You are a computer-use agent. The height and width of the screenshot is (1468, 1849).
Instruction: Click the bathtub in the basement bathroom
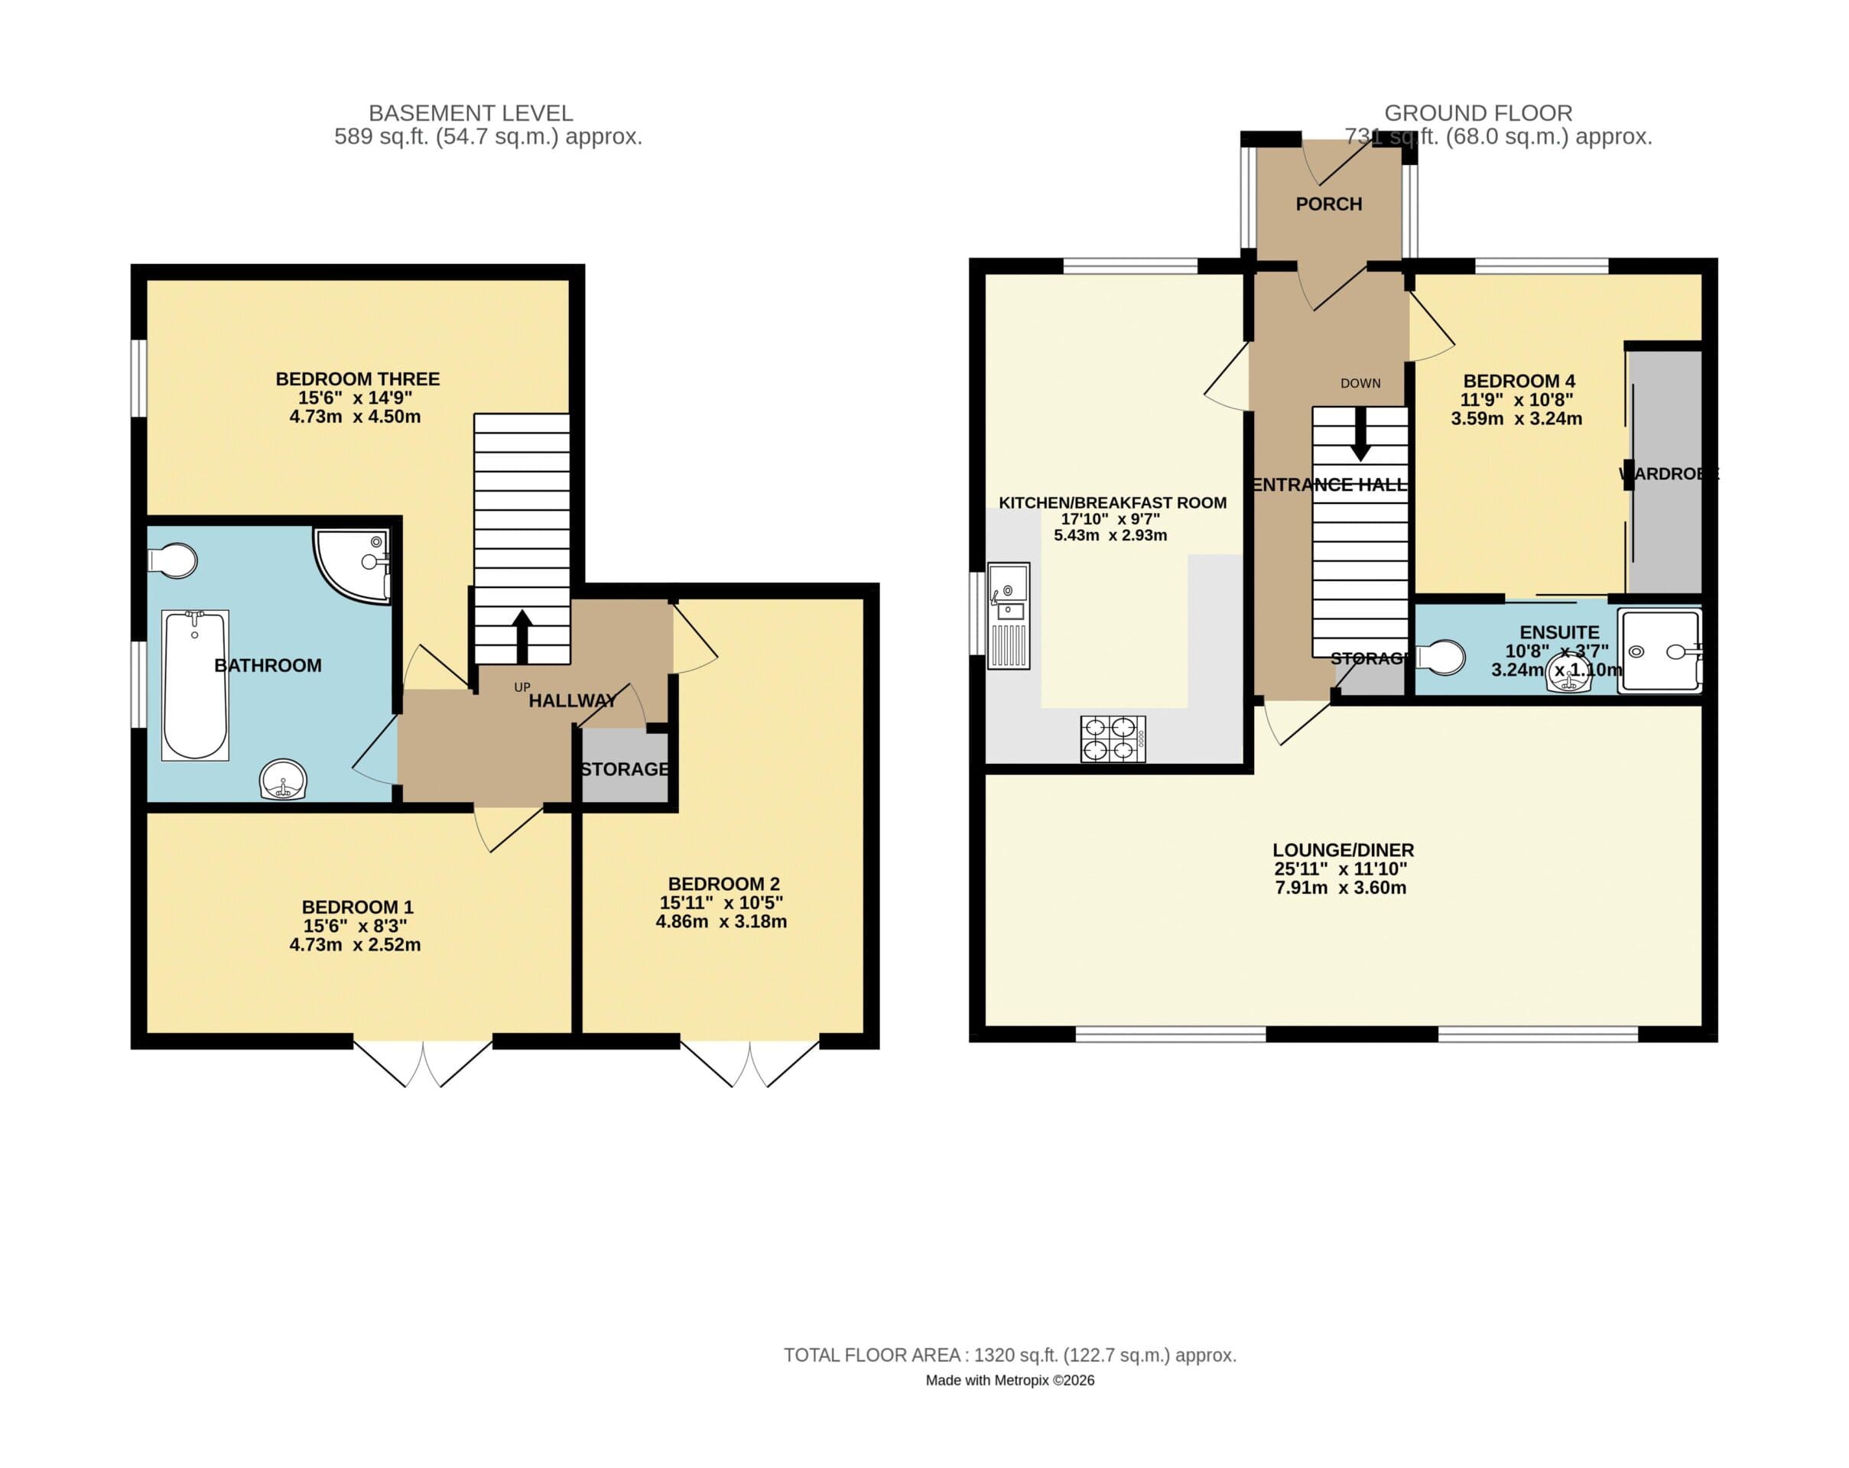[x=195, y=684]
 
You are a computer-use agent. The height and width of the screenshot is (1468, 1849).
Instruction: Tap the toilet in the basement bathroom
[x=174, y=560]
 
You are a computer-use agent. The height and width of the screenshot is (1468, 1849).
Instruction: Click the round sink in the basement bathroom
[x=283, y=779]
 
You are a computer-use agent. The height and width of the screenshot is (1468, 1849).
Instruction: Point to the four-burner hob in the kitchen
[x=1113, y=739]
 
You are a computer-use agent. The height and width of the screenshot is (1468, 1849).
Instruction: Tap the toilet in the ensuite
[x=1442, y=658]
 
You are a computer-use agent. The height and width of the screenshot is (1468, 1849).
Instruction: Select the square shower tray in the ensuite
[x=1659, y=650]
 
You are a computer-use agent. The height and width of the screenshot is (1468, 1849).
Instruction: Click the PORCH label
[x=1328, y=204]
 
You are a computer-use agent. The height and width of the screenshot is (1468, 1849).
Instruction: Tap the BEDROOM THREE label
[x=358, y=379]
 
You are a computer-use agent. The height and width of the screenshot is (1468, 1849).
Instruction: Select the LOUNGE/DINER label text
[x=1343, y=849]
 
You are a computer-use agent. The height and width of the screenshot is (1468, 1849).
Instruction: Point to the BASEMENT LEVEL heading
[x=470, y=113]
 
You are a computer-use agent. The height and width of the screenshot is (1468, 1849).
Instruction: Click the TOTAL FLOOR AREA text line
[x=1009, y=1355]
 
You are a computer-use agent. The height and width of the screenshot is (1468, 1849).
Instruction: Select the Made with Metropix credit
[x=1009, y=1381]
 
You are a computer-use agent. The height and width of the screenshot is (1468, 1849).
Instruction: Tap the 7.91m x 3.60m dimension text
[x=1340, y=888]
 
